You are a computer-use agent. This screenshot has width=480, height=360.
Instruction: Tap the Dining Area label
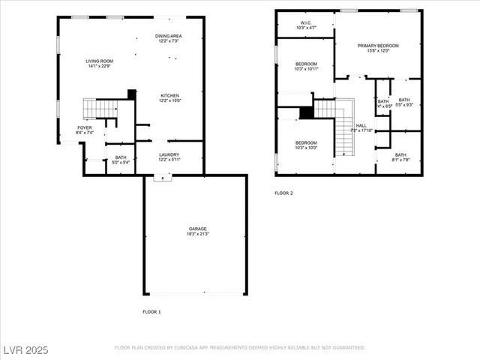pyautogui.click(x=169, y=36)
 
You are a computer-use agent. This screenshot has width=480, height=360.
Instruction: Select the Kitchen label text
pyautogui.click(x=169, y=95)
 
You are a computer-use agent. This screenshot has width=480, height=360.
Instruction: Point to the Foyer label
pyautogui.click(x=85, y=128)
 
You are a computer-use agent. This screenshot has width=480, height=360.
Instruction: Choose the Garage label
pyautogui.click(x=198, y=229)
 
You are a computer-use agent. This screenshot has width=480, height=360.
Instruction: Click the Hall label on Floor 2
pyautogui.click(x=361, y=125)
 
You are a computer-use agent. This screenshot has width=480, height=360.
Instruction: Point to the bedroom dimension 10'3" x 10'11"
pyautogui.click(x=306, y=69)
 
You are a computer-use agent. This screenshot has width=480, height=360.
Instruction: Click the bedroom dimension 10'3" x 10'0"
pyautogui.click(x=306, y=148)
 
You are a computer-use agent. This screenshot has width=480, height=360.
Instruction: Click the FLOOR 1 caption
pyautogui.click(x=151, y=311)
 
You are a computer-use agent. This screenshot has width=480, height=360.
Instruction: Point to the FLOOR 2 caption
pyautogui.click(x=283, y=193)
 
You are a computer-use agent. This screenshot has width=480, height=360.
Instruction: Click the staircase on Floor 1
pyautogui.click(x=97, y=109)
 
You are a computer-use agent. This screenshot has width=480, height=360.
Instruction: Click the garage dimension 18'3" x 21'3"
pyautogui.click(x=198, y=234)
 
